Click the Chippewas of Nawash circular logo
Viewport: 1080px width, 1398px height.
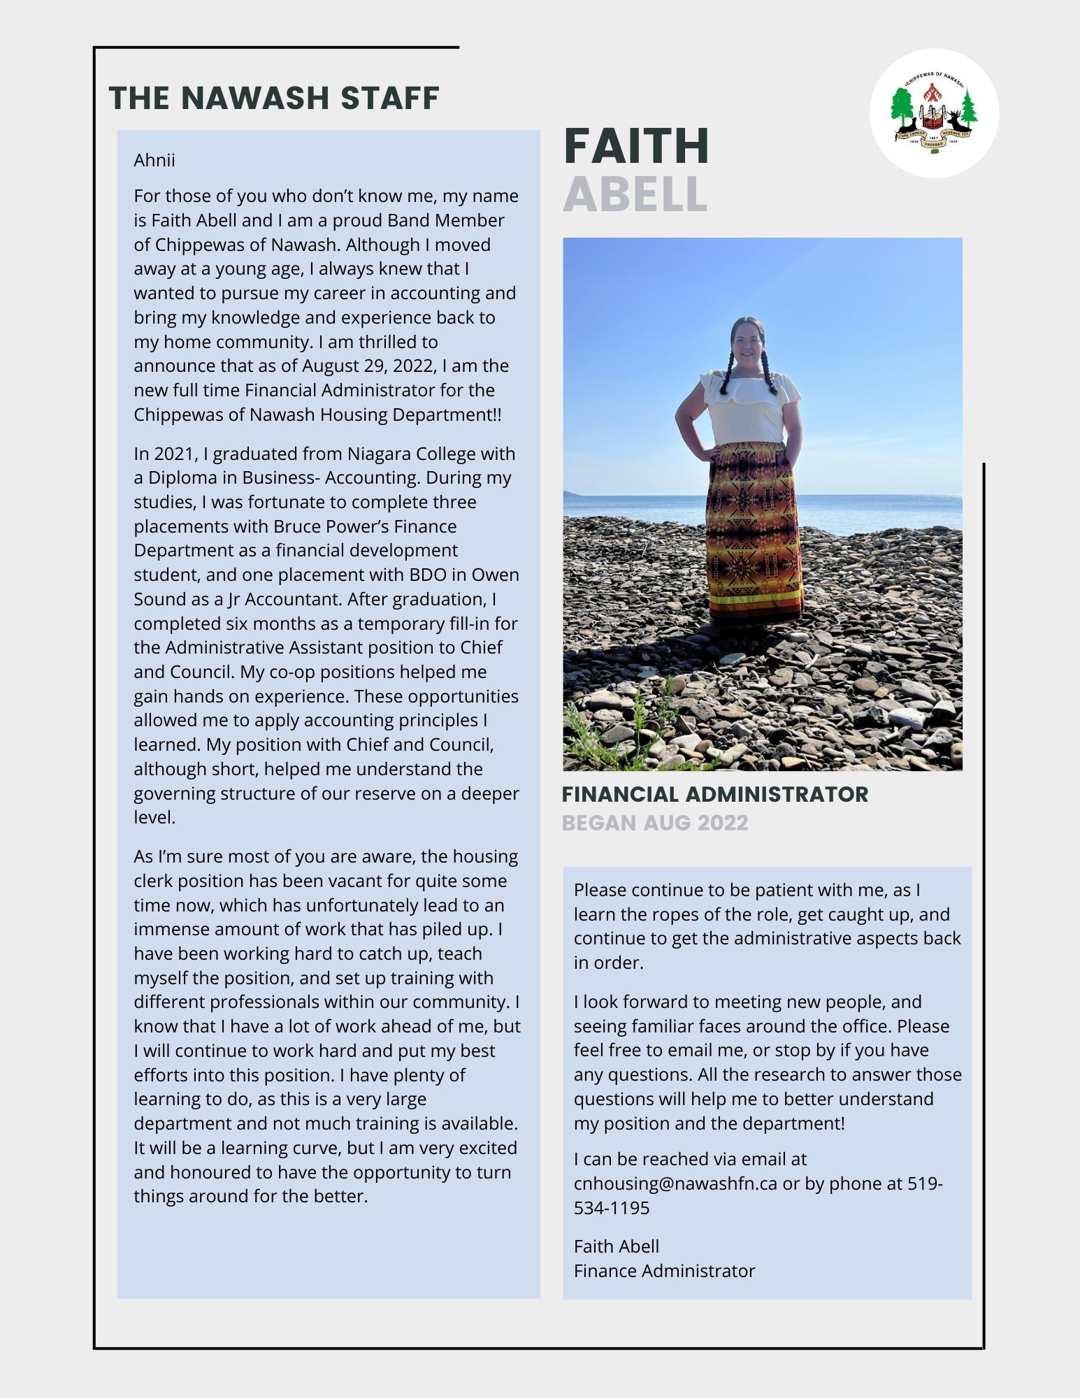pyautogui.click(x=934, y=113)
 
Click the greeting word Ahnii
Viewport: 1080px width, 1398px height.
pyautogui.click(x=154, y=161)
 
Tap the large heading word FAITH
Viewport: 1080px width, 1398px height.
pyautogui.click(x=636, y=146)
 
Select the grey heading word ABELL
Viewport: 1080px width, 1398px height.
pyautogui.click(x=635, y=194)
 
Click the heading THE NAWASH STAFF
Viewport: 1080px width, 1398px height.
pyautogui.click(x=274, y=98)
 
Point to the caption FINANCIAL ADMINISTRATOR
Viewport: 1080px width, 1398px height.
pyautogui.click(x=714, y=794)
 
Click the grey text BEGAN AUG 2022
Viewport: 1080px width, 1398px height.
pyautogui.click(x=655, y=823)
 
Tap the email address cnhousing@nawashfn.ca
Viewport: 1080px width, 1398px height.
pyautogui.click(x=675, y=1183)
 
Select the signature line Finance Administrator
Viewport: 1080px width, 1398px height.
pyautogui.click(x=664, y=1271)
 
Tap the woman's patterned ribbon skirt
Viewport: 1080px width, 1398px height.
pyautogui.click(x=753, y=531)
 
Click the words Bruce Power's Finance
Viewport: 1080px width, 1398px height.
pyautogui.click(x=365, y=527)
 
